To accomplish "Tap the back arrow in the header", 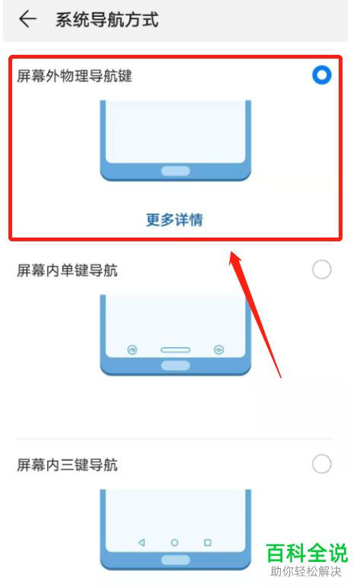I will tap(27, 20).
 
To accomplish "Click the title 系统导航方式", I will tap(107, 20).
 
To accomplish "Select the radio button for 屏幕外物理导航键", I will tap(322, 75).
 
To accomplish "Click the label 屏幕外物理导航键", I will tap(75, 75).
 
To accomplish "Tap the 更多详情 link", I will tap(175, 220).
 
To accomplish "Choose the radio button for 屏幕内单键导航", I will tap(322, 270).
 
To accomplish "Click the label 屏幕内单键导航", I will tap(67, 270).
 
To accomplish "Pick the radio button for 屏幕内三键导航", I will tap(322, 464).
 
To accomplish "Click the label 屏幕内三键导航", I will tap(67, 464).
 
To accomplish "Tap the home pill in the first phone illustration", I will tap(175, 171).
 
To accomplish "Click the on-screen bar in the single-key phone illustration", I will tap(175, 350).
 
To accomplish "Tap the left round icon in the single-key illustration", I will tap(132, 350).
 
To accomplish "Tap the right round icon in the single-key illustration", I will tap(219, 350).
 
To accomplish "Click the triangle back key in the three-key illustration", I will tap(142, 543).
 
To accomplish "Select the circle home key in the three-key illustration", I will tap(175, 543).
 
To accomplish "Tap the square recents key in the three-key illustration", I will tap(208, 543).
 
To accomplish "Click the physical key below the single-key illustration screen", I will tap(175, 366).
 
